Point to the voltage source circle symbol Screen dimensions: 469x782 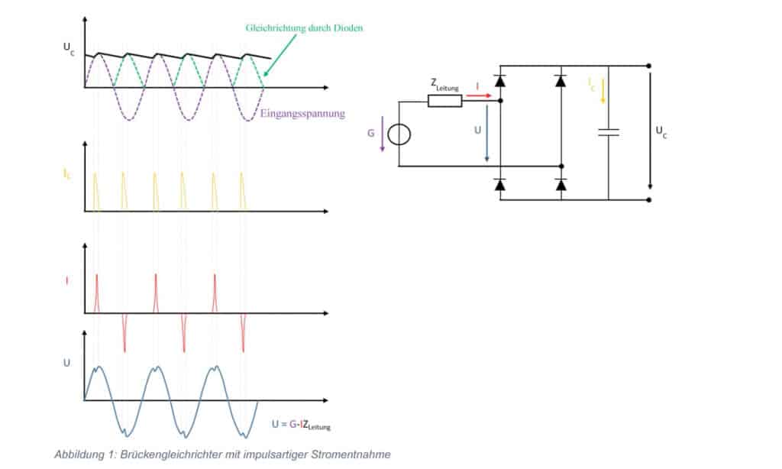pos(398,135)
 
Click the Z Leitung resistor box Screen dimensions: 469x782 pos(444,101)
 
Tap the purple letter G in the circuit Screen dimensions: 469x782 pos(370,133)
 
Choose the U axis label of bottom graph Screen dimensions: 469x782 pos(67,361)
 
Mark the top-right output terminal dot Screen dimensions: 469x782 pos(649,66)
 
